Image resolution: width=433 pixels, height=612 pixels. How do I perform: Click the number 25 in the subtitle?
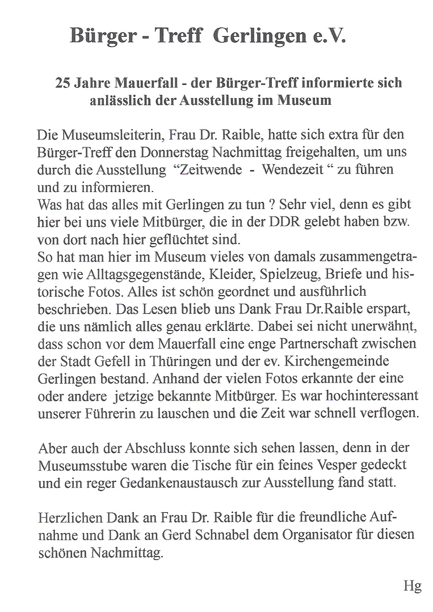coord(62,83)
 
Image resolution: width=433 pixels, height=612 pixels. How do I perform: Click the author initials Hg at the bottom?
coord(412,586)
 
